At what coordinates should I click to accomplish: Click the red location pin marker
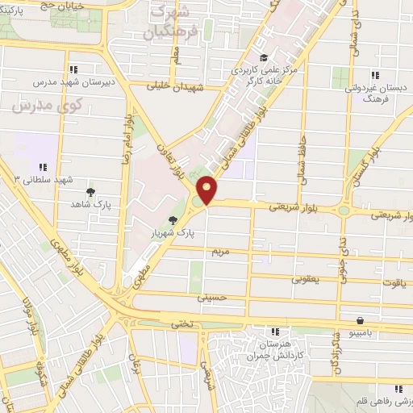207,190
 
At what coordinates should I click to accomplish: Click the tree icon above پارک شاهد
91,192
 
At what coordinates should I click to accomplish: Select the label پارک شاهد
90,205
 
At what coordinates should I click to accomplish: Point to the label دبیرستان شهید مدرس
73,82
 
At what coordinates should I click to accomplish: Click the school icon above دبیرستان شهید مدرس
73,69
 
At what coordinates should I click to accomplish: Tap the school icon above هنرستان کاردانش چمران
275,331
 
